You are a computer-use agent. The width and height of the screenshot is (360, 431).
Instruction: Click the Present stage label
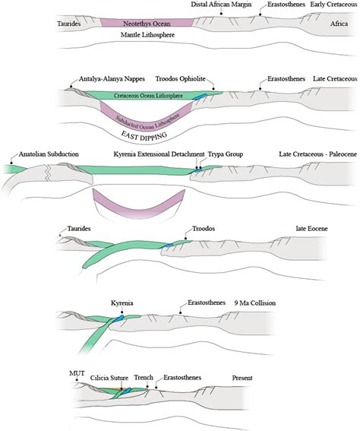point(245,378)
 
